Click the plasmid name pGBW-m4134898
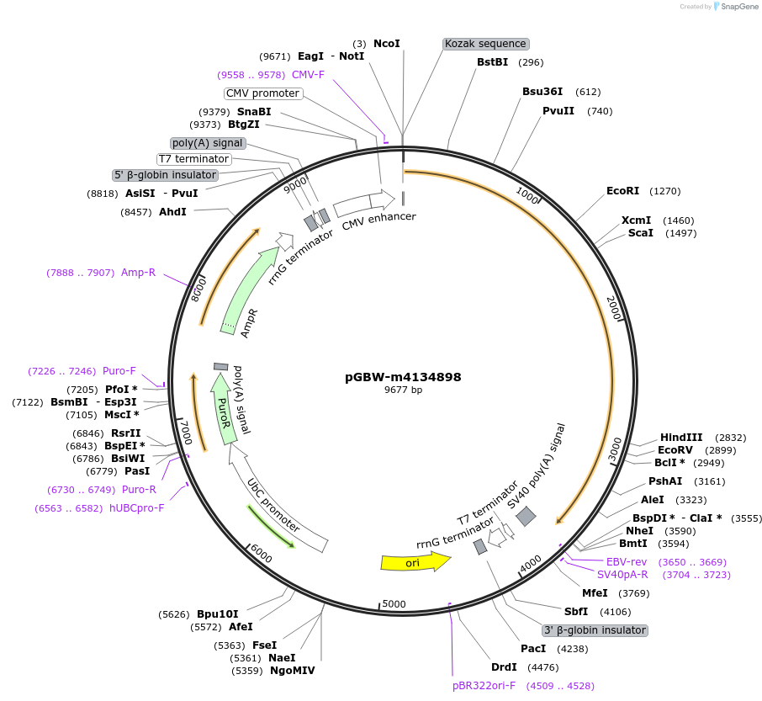point(403,377)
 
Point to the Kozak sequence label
point(485,44)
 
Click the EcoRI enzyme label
point(623,191)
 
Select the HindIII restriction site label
point(681,438)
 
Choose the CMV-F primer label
point(308,75)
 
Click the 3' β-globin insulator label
point(595,630)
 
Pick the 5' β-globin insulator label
point(166,175)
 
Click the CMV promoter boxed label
point(262,93)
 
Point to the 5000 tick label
point(394,604)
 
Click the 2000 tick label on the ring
point(614,309)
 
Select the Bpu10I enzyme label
point(218,614)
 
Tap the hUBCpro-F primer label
point(136,508)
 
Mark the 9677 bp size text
point(403,390)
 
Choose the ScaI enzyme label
point(640,233)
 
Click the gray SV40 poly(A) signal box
point(526,517)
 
